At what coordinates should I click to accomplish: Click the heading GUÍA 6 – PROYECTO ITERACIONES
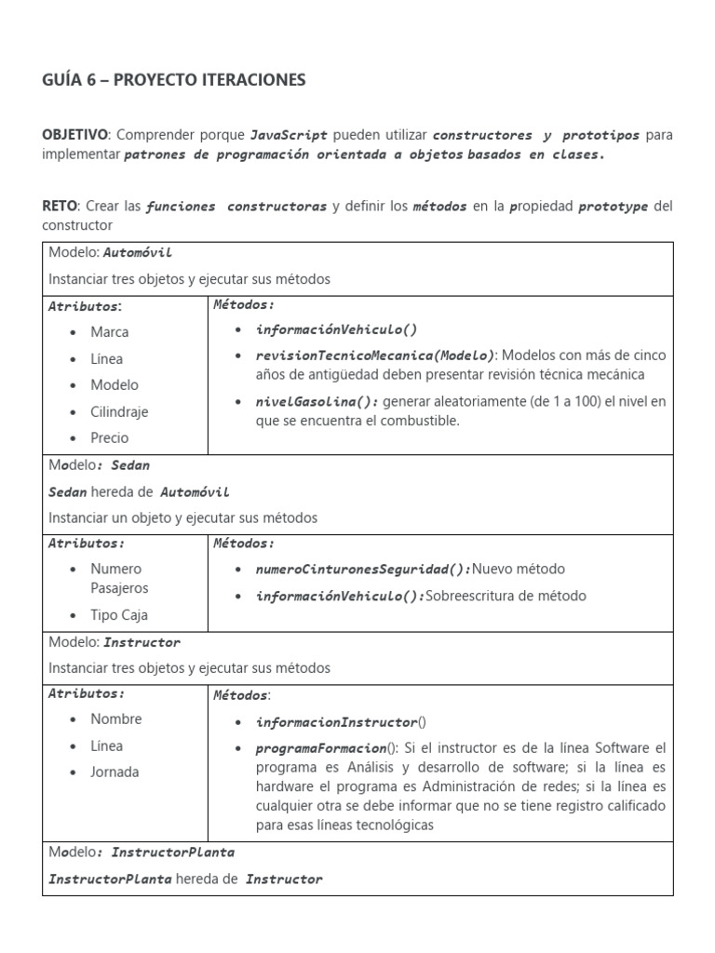pos(173,81)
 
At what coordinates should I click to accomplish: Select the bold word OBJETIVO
pos(75,135)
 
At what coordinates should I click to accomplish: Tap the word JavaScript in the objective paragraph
pos(289,135)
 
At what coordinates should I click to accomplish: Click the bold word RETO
pos(61,206)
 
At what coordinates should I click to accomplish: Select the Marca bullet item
pos(110,332)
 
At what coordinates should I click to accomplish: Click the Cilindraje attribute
pos(119,411)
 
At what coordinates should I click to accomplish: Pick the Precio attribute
pos(110,437)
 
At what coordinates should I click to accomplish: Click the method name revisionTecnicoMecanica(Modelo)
pos(375,356)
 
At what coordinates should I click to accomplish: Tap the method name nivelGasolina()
pos(317,401)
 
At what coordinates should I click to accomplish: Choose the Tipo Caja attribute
pos(119,615)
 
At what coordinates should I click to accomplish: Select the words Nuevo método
pos(519,570)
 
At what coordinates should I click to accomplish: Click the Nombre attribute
pos(116,719)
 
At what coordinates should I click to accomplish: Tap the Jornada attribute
pos(115,772)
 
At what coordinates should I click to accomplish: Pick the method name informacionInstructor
pos(336,722)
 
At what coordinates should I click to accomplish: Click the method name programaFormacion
pos(321,748)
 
